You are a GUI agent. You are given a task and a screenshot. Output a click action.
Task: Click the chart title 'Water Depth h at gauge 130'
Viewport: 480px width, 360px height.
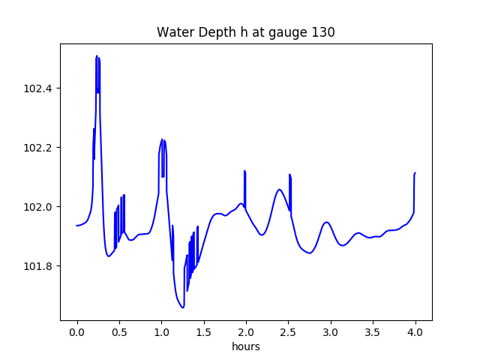point(245,32)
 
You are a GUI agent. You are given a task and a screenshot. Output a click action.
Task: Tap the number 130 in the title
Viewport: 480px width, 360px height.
point(324,32)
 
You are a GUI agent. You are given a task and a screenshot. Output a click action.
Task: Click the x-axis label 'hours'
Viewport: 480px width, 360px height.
point(245,347)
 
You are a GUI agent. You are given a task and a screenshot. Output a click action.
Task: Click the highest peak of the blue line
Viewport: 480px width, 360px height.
point(97,56)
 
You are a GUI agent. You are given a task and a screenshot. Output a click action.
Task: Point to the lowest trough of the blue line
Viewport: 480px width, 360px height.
point(183,307)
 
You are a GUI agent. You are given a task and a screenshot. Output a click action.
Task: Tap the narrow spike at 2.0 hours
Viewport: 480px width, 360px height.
point(244,171)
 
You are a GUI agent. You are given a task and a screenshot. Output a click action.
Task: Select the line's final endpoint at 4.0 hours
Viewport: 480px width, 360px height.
point(415,172)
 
